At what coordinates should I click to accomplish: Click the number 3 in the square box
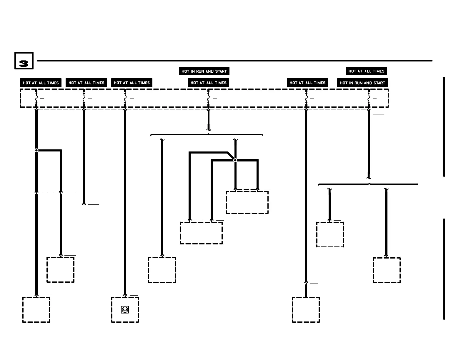[x=24, y=61]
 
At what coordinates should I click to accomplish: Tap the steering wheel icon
[x=125, y=310]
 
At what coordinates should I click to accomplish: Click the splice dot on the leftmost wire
[x=36, y=150]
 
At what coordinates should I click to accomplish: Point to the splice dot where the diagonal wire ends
[x=235, y=160]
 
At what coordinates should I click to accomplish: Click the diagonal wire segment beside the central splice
[x=231, y=156]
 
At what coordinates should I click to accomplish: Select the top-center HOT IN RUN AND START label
[x=204, y=71]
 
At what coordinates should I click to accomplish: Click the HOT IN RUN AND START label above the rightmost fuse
[x=362, y=83]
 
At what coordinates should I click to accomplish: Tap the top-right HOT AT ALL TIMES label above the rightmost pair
[x=366, y=71]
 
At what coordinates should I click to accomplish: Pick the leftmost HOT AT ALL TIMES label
[x=41, y=83]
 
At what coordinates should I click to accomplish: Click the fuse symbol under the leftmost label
[x=36, y=98]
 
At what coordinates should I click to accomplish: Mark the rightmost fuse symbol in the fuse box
[x=369, y=98]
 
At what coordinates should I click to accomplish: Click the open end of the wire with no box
[x=84, y=204]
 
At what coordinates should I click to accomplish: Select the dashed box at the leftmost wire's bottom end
[x=36, y=310]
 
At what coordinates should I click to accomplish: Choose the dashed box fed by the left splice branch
[x=60, y=270]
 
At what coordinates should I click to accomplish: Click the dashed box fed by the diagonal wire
[x=201, y=233]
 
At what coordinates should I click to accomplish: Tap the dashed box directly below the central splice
[x=247, y=202]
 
